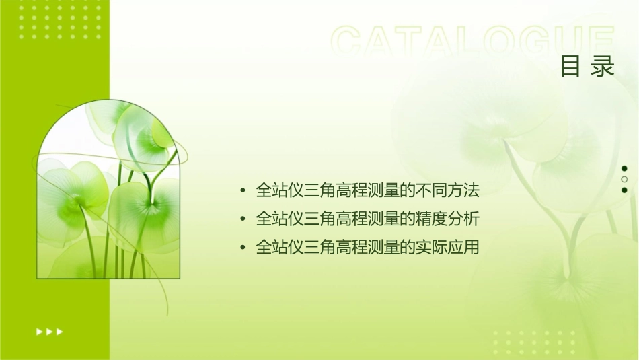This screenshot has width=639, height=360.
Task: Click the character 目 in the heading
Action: coord(570,67)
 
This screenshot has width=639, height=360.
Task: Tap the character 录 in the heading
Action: coord(603,67)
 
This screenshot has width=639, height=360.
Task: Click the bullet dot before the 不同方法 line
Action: coord(243,192)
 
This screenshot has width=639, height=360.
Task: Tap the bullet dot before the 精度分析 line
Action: coord(243,220)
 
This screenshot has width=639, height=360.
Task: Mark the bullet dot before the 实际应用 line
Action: coord(243,248)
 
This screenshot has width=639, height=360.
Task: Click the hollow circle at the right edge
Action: coord(624,179)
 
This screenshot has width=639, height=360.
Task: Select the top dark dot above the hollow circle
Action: coord(624,168)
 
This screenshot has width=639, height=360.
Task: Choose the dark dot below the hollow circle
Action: coord(624,190)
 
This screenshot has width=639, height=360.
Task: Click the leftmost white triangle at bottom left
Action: coord(38,331)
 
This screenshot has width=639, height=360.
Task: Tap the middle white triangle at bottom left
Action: coord(49,331)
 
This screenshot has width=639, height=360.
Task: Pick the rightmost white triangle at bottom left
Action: coord(60,331)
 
